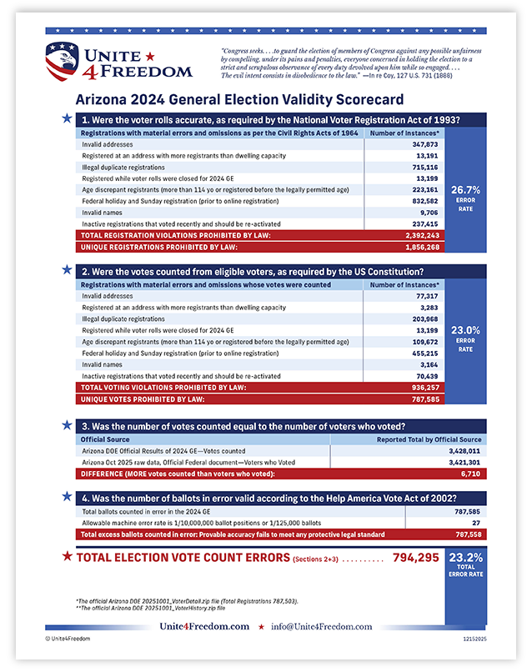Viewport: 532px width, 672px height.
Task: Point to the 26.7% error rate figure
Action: pos(465,190)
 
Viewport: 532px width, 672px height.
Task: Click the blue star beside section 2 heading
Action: pos(66,270)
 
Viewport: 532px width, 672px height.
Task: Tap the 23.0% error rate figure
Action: pos(465,330)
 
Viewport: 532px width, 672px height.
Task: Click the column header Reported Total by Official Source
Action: pos(428,439)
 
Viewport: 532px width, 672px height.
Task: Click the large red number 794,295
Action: pos(415,557)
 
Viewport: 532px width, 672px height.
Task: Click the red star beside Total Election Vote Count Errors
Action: pos(65,556)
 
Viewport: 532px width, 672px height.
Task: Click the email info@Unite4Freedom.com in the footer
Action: pos(324,626)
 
